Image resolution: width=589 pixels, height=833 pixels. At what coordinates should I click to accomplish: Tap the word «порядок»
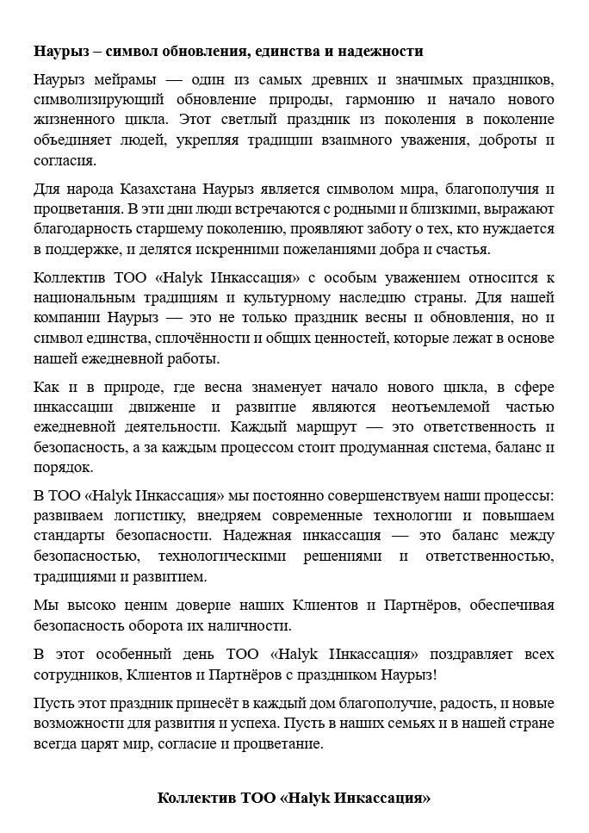[x=60, y=468]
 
